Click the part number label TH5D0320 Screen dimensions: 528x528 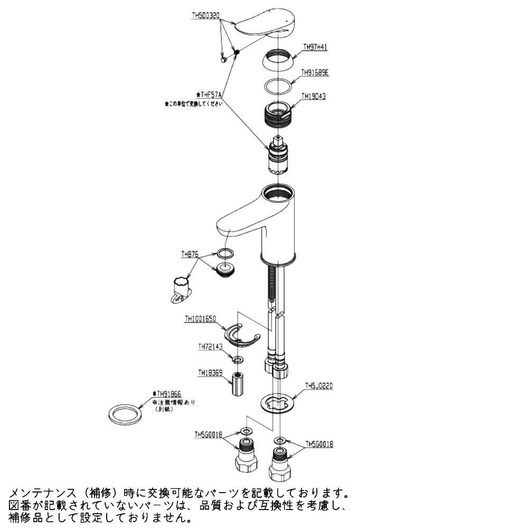tap(205, 16)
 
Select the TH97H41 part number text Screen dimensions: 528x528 tap(315, 47)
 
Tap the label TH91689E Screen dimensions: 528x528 tap(315, 73)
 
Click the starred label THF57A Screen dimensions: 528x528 tap(210, 95)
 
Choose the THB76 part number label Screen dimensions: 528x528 tap(190, 254)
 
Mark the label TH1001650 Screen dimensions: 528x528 tap(200, 319)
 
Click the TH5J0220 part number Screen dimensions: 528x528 tap(319, 386)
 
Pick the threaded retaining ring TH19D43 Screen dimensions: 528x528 tap(279, 113)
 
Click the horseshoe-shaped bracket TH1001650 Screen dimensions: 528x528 tap(240, 336)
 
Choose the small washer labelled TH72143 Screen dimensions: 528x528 tap(239, 360)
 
